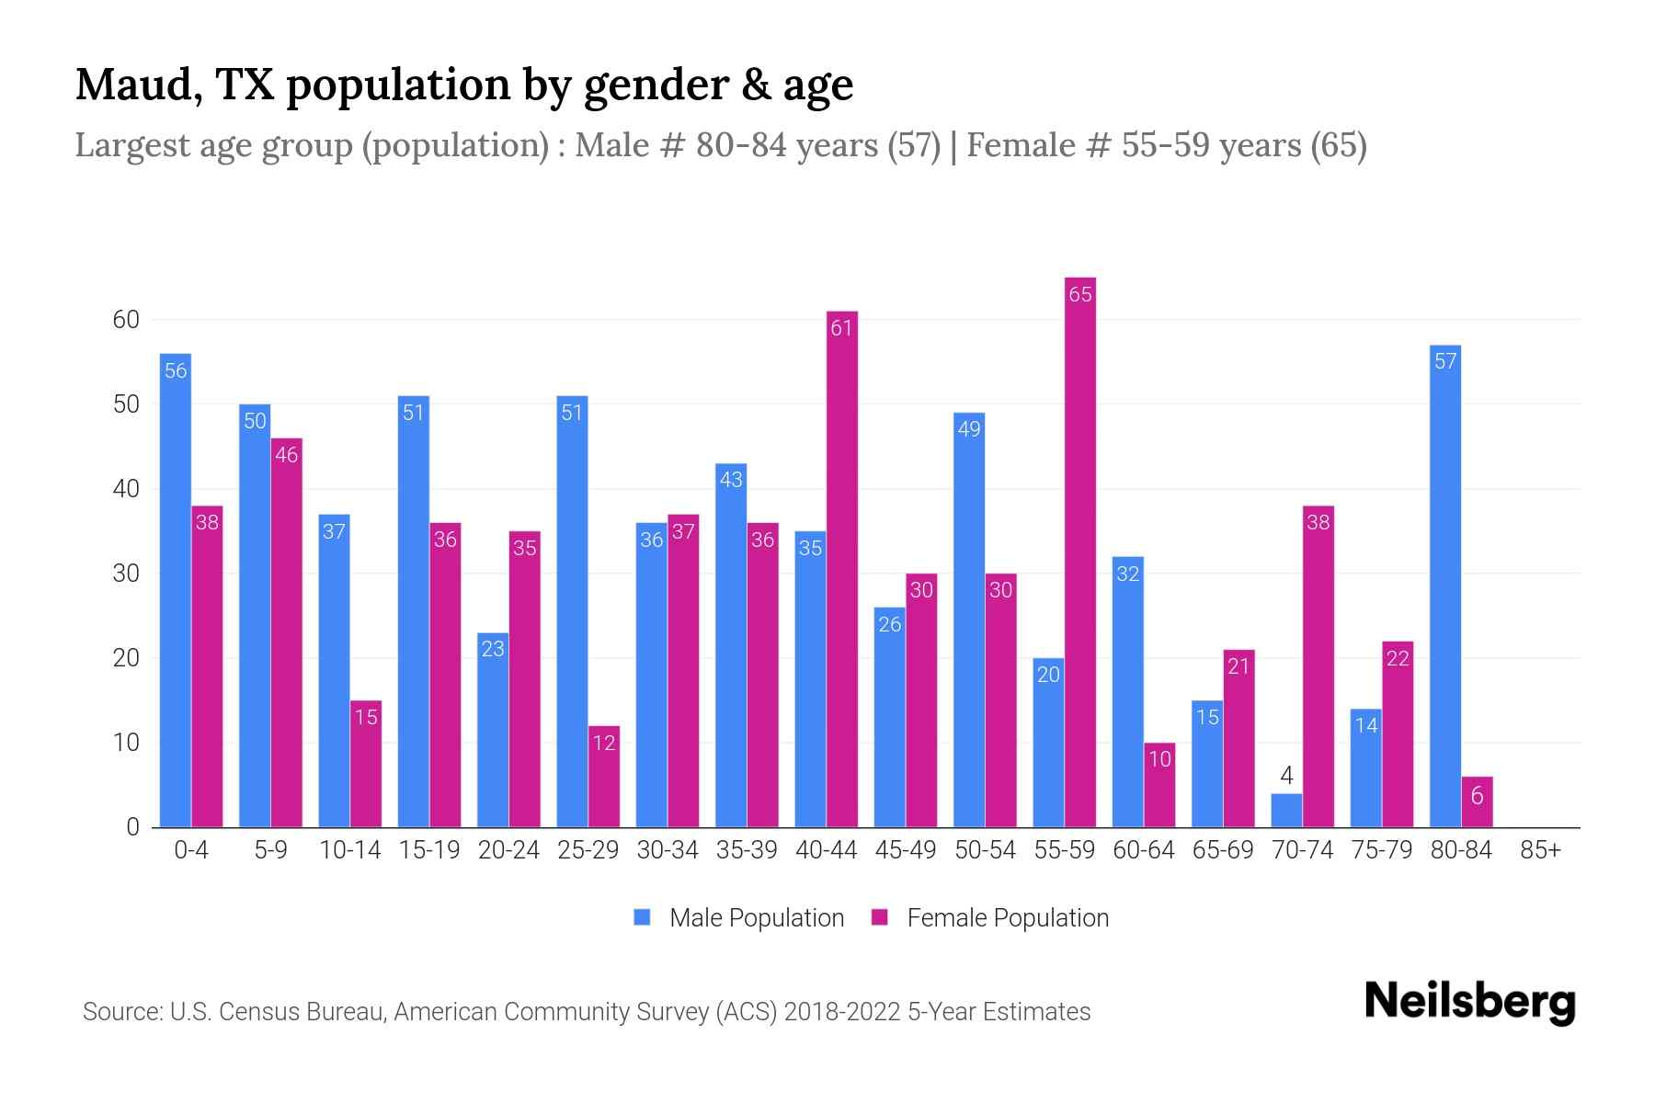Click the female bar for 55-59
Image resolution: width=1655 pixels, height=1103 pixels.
1080,551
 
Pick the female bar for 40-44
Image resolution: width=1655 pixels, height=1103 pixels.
842,570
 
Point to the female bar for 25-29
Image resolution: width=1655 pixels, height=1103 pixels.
604,777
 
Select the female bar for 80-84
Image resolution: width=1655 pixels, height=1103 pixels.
1477,802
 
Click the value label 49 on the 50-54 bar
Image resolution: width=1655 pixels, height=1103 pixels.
969,428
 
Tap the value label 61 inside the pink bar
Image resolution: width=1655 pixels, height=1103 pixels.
842,328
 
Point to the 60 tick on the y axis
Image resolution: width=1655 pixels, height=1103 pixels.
126,320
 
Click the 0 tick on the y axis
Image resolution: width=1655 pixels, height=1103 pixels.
132,827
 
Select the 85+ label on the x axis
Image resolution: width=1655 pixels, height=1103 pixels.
1540,850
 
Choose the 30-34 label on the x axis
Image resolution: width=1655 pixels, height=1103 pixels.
668,850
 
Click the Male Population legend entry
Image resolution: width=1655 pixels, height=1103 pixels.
756,918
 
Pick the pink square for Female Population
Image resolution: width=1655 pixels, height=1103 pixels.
880,917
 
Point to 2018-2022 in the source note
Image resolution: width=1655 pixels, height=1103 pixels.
841,1012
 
